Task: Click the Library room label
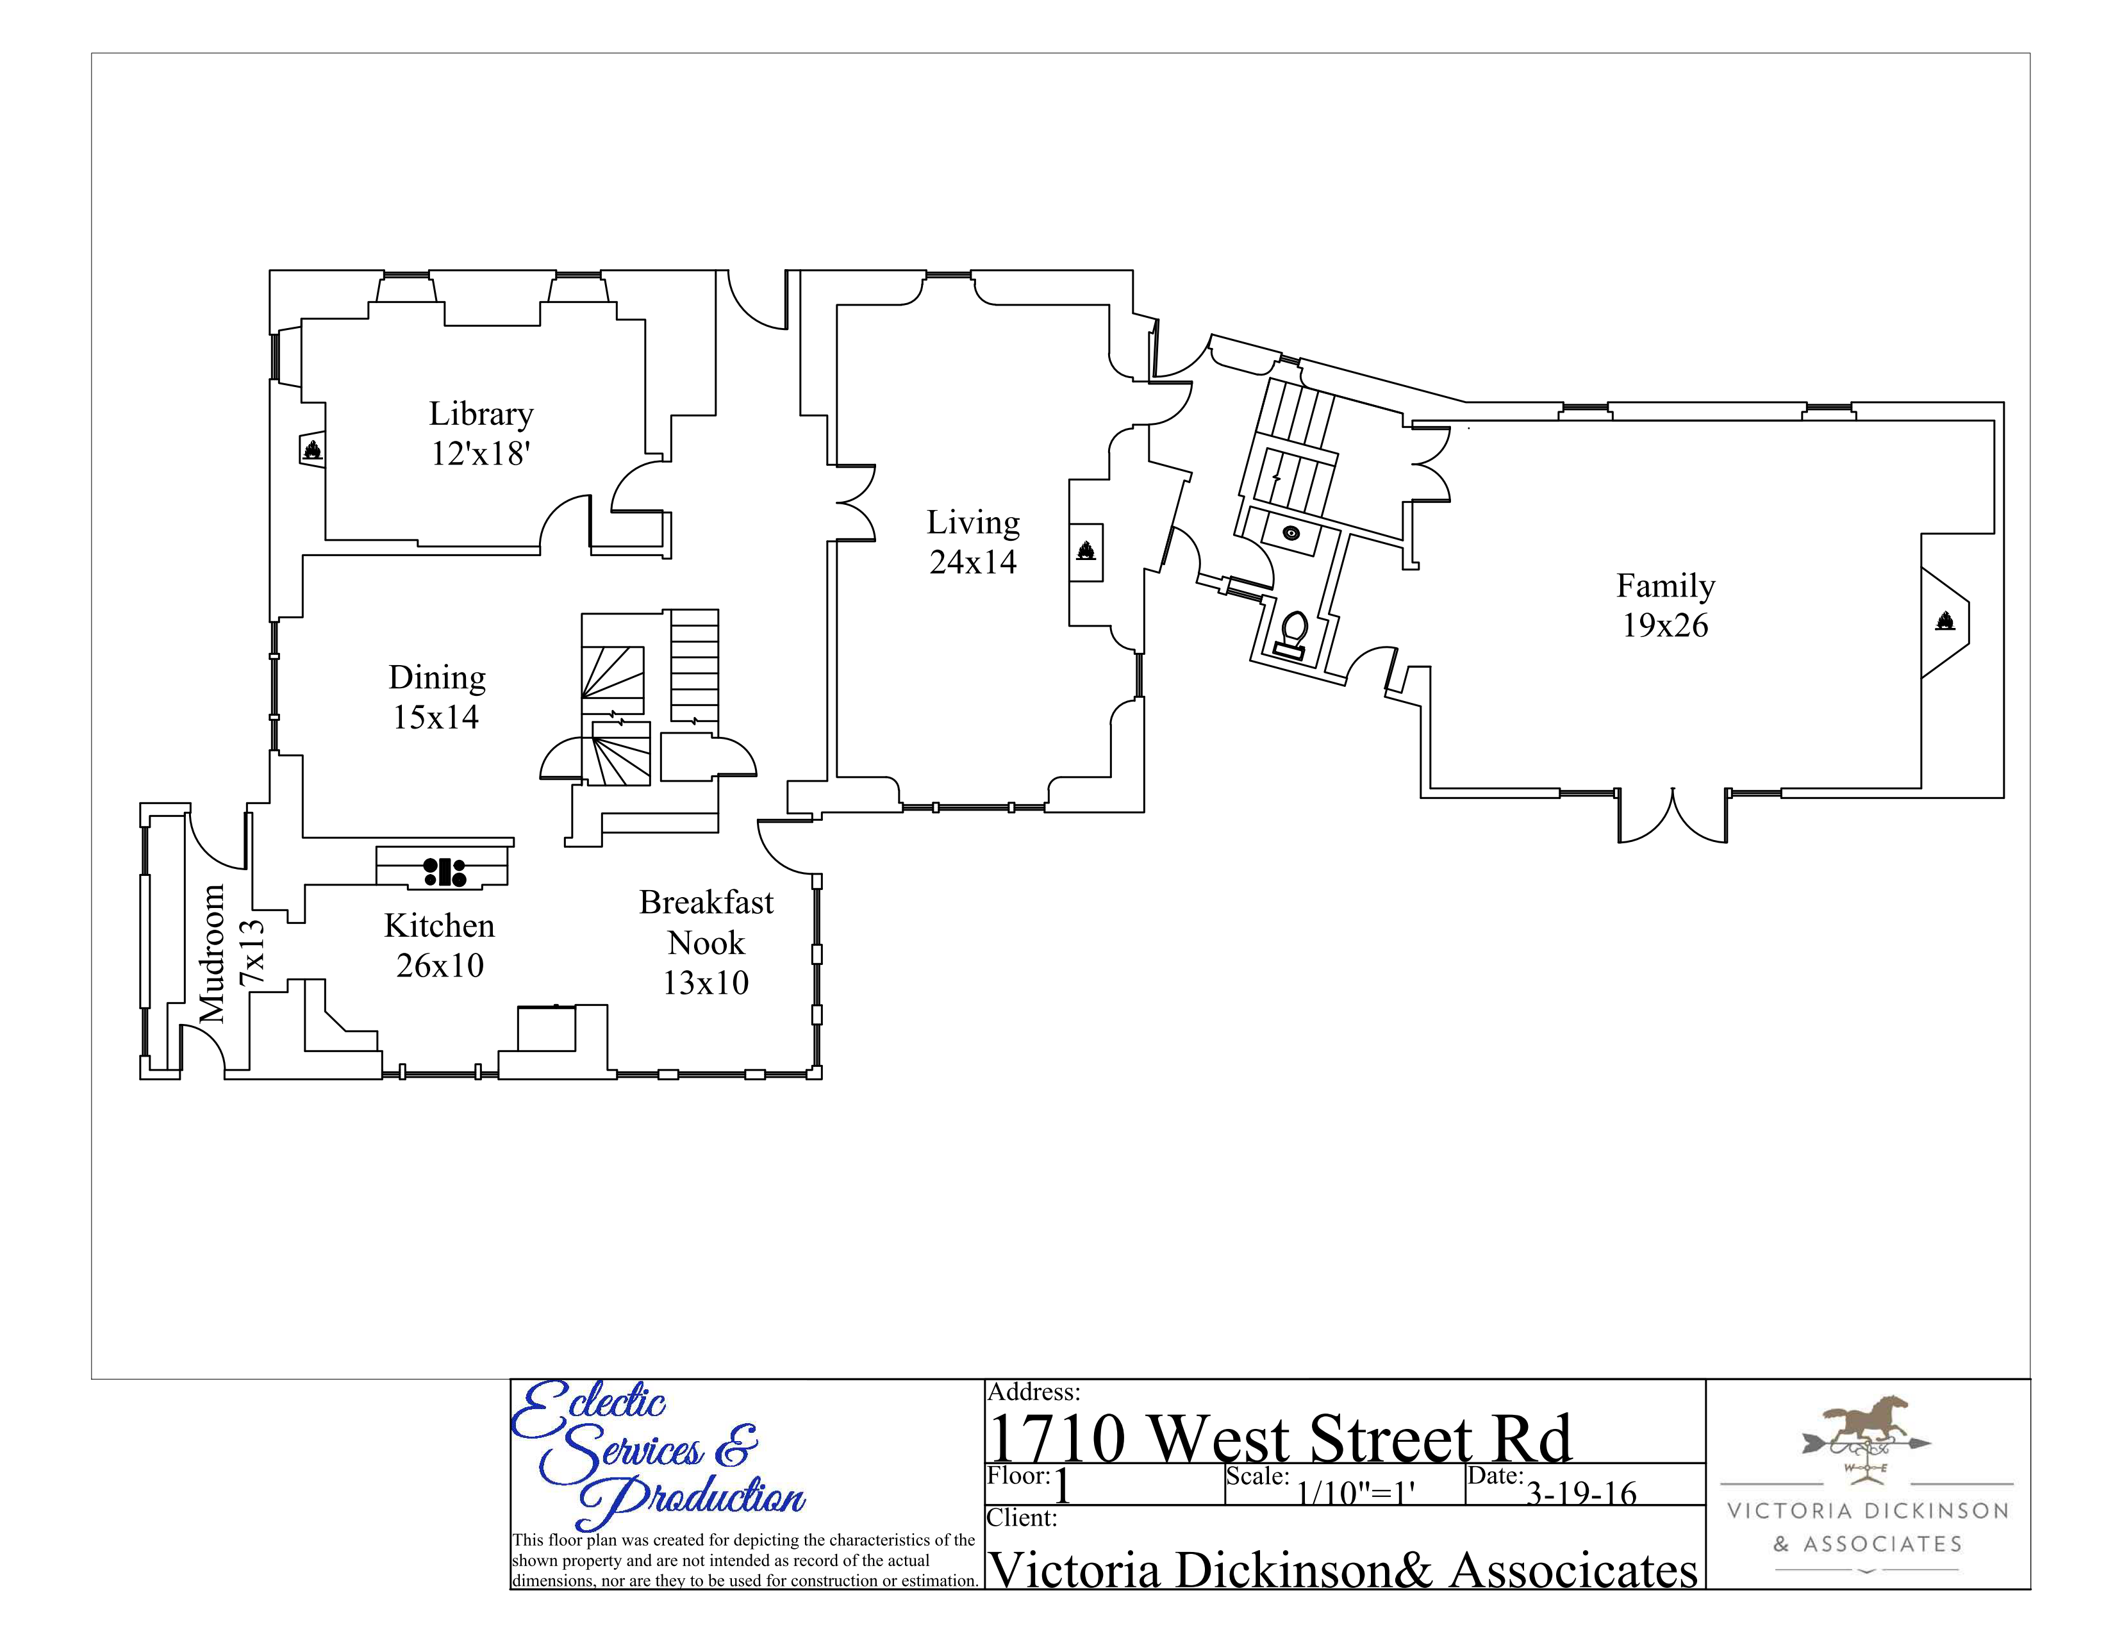coord(481,415)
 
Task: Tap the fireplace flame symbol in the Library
coord(313,449)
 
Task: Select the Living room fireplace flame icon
coord(1086,551)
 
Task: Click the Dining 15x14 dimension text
coord(436,717)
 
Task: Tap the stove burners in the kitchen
coord(445,871)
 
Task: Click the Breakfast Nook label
coord(706,923)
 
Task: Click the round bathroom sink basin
coord(1291,532)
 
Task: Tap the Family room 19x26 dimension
coord(1664,626)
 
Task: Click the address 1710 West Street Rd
coord(1279,1439)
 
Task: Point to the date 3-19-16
coord(1580,1492)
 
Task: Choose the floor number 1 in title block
coord(1063,1486)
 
